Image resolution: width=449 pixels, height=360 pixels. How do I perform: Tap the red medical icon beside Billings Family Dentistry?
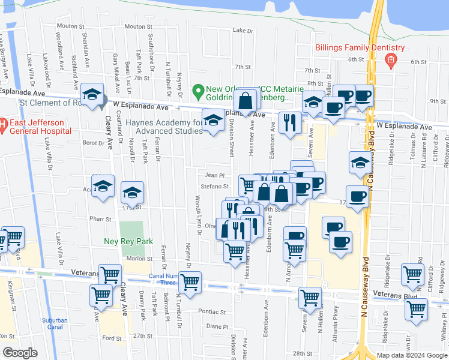391,59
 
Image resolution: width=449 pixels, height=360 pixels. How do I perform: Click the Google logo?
20,353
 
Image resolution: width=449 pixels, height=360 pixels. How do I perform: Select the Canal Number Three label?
163,280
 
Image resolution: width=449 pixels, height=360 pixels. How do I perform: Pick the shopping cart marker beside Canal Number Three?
190,282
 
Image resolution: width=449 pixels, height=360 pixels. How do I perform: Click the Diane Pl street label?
214,326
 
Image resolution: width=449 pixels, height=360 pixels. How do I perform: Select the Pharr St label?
97,218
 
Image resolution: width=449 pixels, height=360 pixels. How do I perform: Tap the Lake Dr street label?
243,30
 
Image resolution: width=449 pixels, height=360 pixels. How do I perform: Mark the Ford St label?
113,338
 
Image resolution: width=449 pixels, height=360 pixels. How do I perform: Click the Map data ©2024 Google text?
412,355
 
